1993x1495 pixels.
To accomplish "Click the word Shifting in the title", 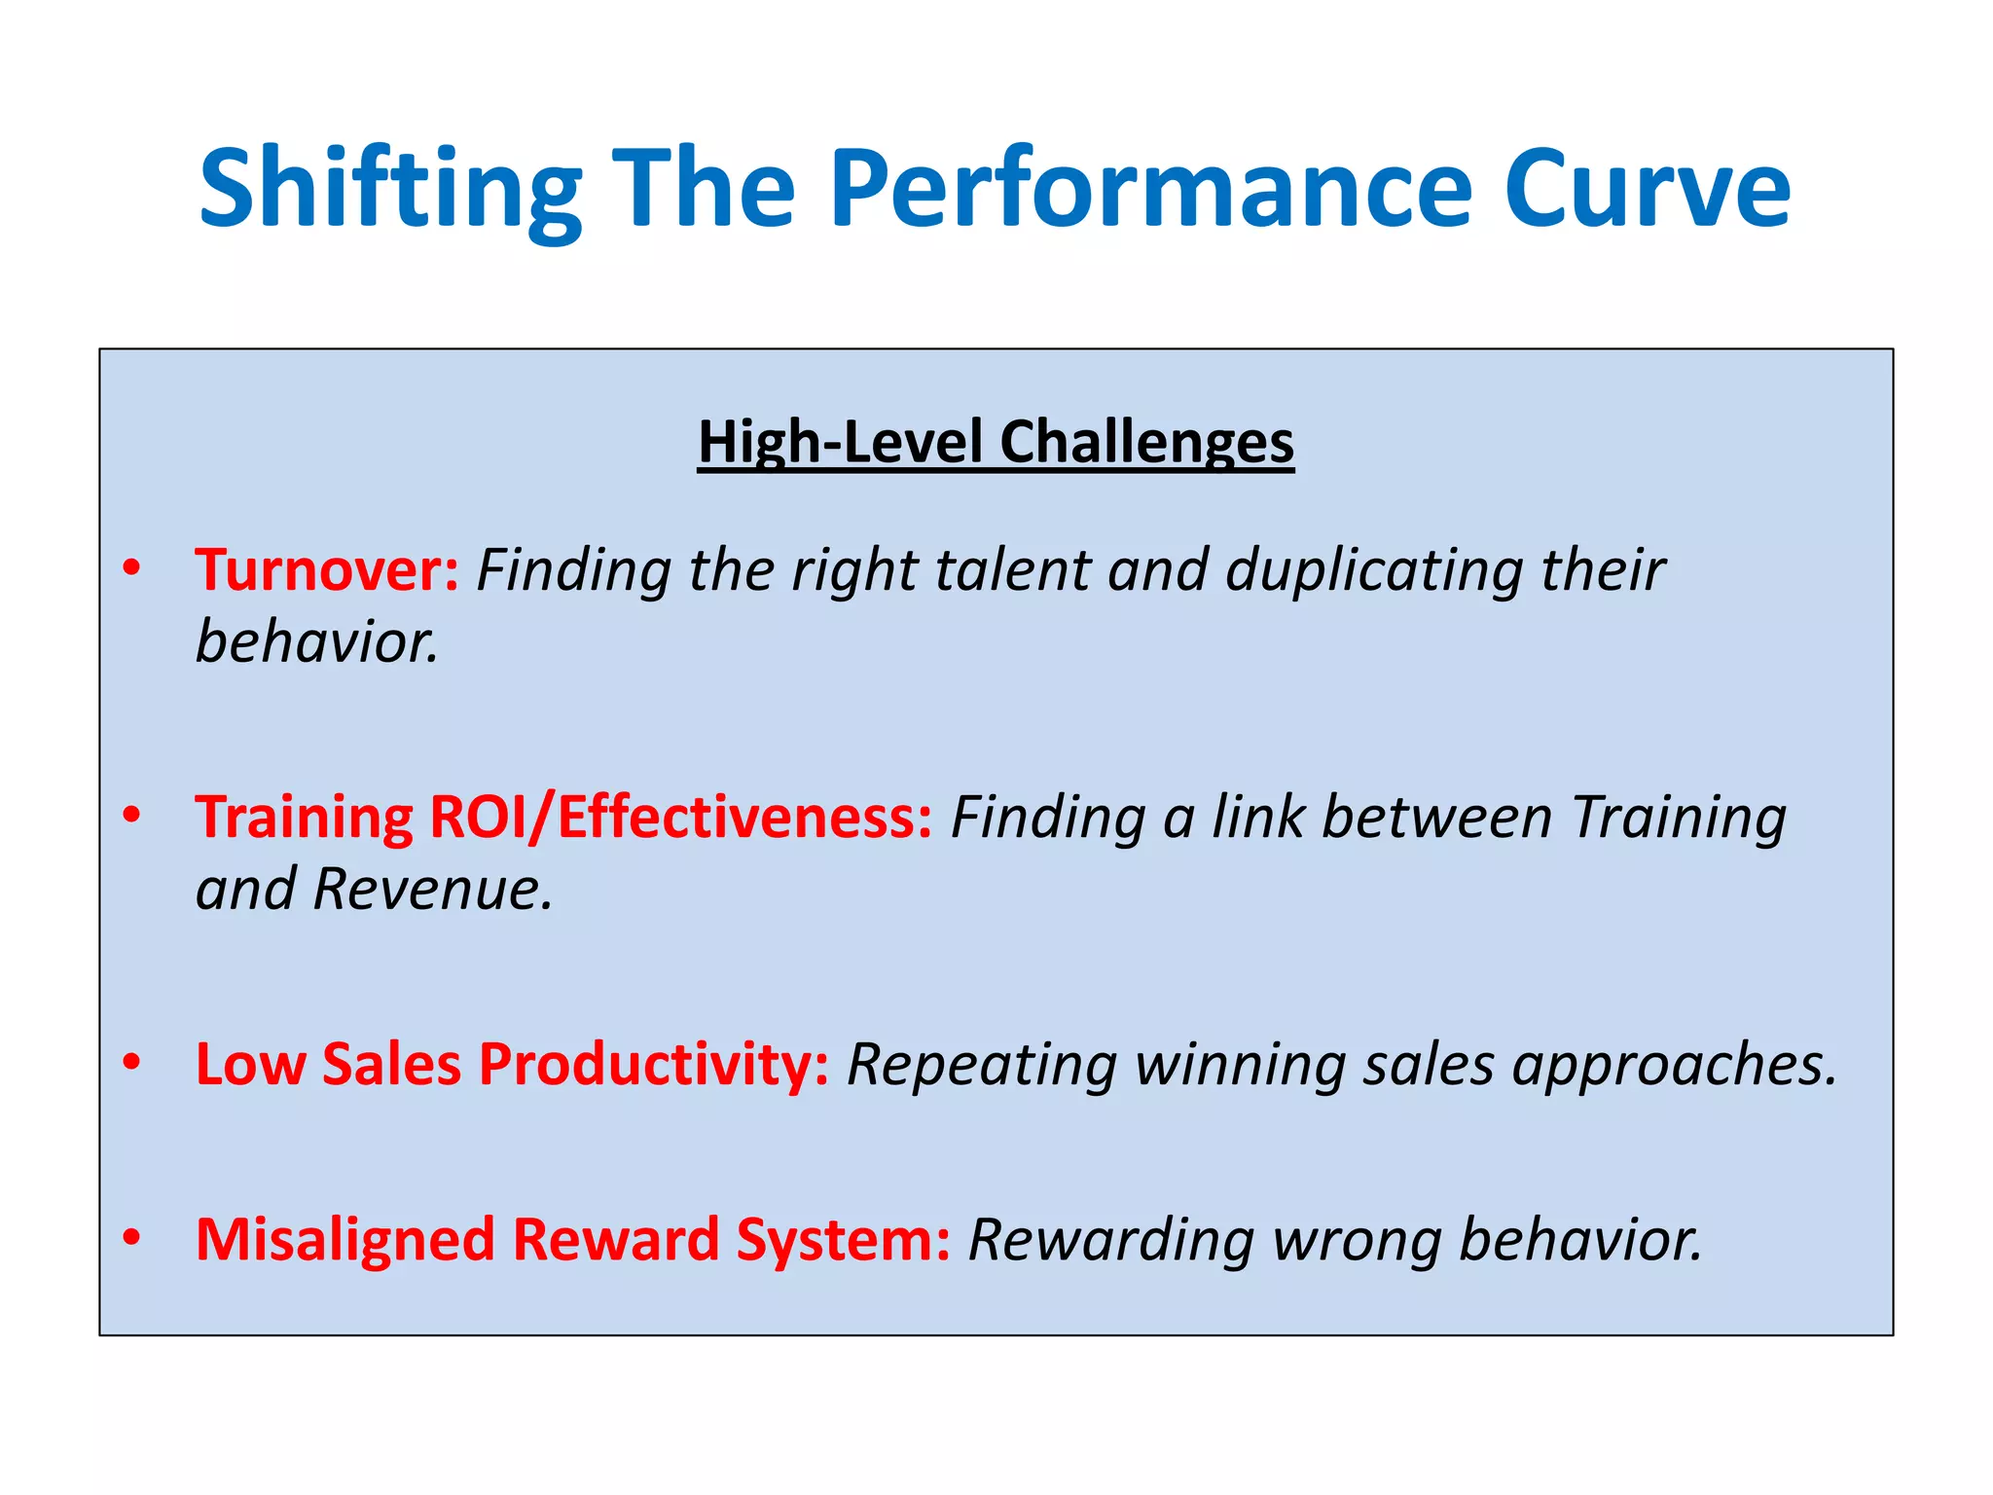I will [x=390, y=190].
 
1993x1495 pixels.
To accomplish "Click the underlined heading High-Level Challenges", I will [x=996, y=443].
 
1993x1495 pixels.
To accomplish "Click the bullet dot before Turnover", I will [x=131, y=567].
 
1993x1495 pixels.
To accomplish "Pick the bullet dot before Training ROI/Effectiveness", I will [x=131, y=814].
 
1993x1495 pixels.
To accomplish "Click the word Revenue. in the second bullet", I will [x=433, y=890].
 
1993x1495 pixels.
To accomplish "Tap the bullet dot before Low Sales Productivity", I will [x=131, y=1062].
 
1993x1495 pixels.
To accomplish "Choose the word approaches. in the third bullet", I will [x=1674, y=1066].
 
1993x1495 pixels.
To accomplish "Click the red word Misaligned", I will [x=345, y=1241].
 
